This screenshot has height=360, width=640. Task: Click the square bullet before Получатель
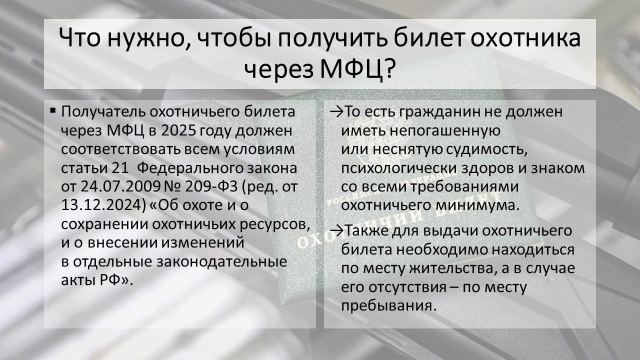(x=53, y=109)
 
